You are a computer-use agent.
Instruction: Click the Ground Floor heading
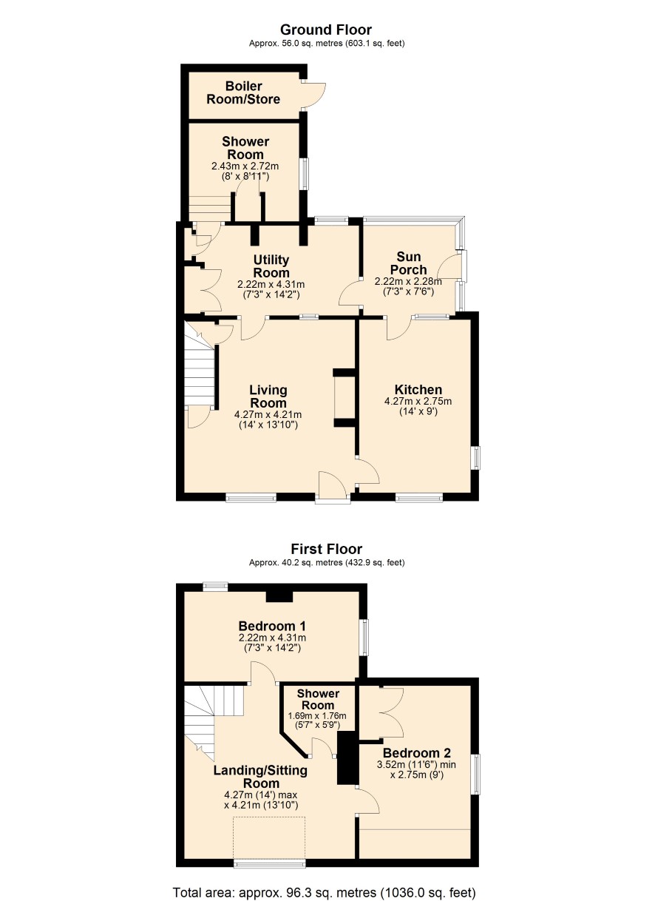coord(326,30)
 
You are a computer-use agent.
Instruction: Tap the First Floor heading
coord(327,549)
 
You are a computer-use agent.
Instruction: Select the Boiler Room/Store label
coord(243,92)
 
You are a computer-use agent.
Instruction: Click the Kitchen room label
coord(418,389)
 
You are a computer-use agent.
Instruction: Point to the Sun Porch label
coord(409,263)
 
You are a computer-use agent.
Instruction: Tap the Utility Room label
coord(271,266)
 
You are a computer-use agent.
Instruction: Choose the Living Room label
coord(268,396)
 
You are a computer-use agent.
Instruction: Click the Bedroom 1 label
coord(272,626)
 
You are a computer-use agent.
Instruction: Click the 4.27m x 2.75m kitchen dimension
coord(418,401)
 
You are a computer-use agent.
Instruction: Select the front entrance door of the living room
coord(333,487)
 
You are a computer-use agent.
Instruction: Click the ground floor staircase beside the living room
coord(201,374)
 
